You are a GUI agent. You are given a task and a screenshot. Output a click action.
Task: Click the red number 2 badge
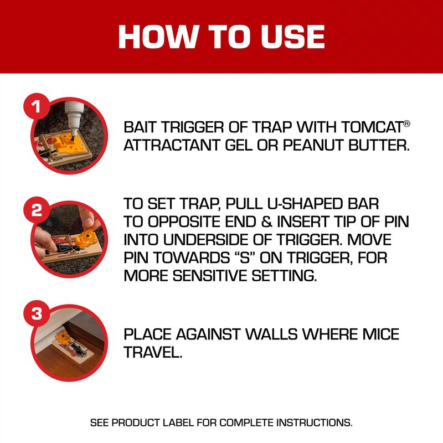36,210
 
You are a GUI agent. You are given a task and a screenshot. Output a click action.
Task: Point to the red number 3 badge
36,314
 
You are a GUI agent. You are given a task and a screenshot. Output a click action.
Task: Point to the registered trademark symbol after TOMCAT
407,123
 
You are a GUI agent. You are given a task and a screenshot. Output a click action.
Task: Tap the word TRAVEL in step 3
152,353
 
